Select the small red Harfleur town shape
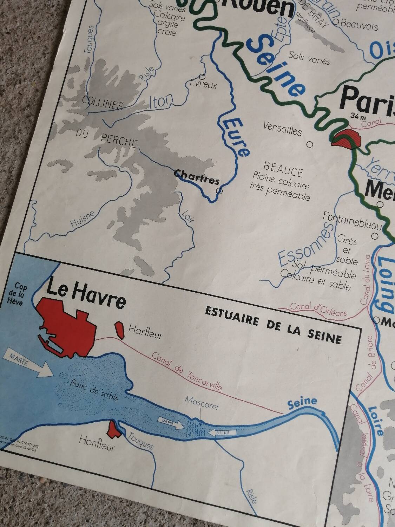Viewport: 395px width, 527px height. click(x=119, y=330)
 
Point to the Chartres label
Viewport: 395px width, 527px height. click(x=197, y=177)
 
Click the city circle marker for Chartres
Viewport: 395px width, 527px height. click(x=219, y=191)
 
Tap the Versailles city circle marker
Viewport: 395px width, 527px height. click(x=310, y=144)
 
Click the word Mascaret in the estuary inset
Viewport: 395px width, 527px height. click(x=202, y=403)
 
